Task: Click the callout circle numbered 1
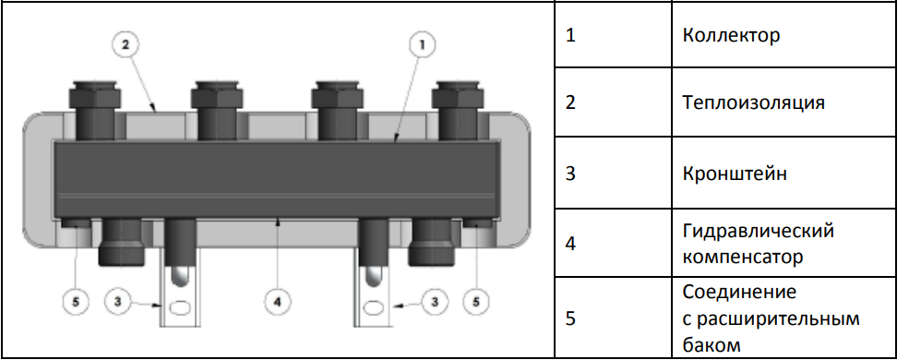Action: [422, 45]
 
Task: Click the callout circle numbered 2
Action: [126, 44]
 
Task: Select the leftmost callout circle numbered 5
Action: [78, 302]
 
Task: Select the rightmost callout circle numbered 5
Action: [476, 302]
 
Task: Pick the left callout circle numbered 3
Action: [118, 302]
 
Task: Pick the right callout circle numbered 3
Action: [436, 302]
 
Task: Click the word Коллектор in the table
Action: [731, 35]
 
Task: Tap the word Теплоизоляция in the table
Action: [753, 103]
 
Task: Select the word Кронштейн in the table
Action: [735, 174]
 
